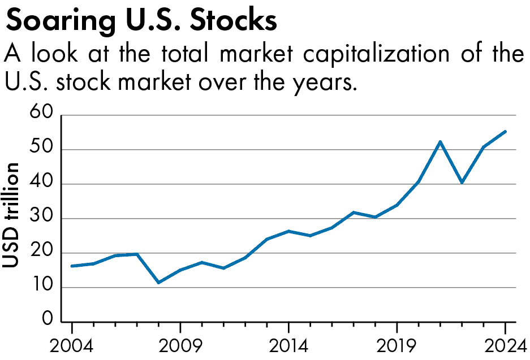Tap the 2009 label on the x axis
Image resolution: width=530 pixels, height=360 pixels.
point(180,344)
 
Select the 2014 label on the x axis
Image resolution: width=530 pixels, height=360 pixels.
point(288,344)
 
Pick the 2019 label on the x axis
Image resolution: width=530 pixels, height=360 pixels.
point(397,344)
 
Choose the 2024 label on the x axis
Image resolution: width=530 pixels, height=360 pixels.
point(504,344)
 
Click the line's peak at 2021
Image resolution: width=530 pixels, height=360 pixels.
point(440,141)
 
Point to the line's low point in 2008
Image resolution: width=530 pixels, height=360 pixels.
point(159,283)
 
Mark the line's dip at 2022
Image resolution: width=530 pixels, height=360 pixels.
point(462,183)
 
